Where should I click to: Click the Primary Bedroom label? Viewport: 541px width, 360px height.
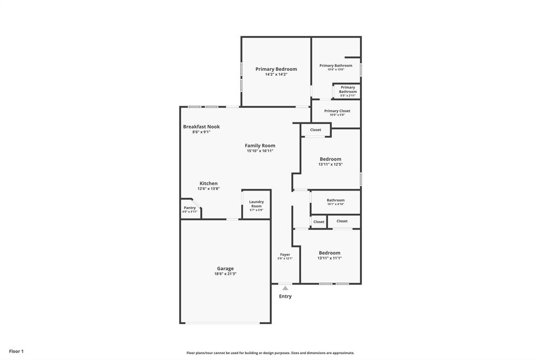pyautogui.click(x=276, y=69)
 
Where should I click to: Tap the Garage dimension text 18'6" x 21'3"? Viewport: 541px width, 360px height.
pyautogui.click(x=225, y=274)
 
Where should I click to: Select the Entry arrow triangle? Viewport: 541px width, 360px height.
pyautogui.click(x=285, y=288)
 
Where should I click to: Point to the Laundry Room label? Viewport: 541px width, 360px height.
pyautogui.click(x=256, y=204)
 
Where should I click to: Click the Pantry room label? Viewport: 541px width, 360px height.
pyautogui.click(x=190, y=208)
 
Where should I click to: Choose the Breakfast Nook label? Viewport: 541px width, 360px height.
pyautogui.click(x=201, y=127)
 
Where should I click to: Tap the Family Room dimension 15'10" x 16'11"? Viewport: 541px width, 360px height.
pyautogui.click(x=260, y=151)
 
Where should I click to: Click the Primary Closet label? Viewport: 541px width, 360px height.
pyautogui.click(x=337, y=111)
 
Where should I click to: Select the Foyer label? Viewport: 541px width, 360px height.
pyautogui.click(x=285, y=254)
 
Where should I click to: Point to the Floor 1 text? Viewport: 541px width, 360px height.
pyautogui.click(x=16, y=351)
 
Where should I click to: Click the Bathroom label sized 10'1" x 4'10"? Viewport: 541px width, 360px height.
pyautogui.click(x=335, y=200)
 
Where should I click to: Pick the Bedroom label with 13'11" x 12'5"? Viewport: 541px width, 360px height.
pyautogui.click(x=330, y=159)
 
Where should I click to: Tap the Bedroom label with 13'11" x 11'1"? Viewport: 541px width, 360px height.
pyautogui.click(x=329, y=253)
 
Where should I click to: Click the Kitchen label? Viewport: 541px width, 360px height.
pyautogui.click(x=208, y=184)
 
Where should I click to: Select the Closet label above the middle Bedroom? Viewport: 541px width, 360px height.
pyautogui.click(x=315, y=130)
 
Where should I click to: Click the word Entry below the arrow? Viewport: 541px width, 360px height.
pyautogui.click(x=285, y=297)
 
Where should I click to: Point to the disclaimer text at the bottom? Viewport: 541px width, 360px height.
pyautogui.click(x=270, y=353)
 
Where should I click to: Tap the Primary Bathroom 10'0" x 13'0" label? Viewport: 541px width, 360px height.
pyautogui.click(x=335, y=65)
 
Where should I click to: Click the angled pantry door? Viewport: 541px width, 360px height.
pyautogui.click(x=195, y=204)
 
